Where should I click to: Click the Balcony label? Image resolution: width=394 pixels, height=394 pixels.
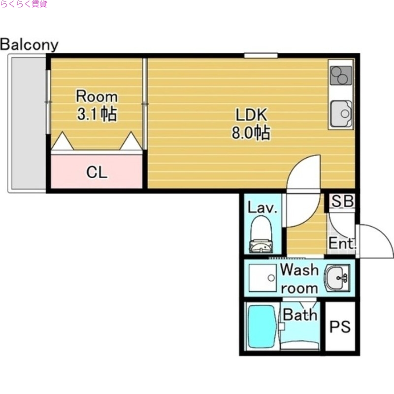(29, 45)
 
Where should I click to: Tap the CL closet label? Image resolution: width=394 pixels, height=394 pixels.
(97, 172)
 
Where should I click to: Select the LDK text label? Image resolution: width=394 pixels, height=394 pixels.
(251, 115)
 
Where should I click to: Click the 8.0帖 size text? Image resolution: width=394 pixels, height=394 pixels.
(251, 132)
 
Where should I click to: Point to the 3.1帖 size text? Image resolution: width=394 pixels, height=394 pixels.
(97, 114)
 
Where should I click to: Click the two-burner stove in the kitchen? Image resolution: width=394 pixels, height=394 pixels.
(341, 75)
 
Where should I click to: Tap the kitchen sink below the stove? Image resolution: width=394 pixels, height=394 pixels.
(341, 114)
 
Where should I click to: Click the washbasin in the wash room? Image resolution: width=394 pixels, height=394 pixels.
(337, 278)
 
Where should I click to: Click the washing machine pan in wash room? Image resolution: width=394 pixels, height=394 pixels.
(263, 278)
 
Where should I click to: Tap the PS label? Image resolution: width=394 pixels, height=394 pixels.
(340, 327)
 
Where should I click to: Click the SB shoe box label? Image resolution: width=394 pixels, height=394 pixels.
(343, 201)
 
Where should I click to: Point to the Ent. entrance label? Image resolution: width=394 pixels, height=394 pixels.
(342, 243)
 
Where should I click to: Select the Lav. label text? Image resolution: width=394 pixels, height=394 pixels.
(263, 208)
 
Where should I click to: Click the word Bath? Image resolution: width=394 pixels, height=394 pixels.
(300, 315)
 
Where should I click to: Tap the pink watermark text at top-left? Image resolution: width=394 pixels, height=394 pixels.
(24, 4)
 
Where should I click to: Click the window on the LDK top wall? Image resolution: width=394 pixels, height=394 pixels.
(261, 55)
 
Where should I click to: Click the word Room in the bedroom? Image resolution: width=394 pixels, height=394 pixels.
(97, 96)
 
